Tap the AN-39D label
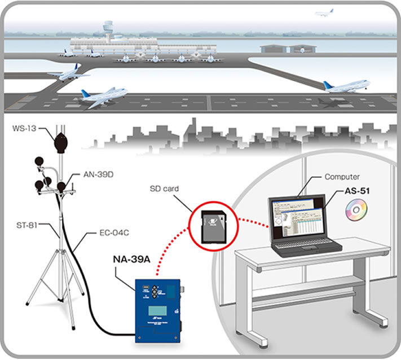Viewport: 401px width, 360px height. [98, 175]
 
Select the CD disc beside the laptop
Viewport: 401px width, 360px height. [356, 212]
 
